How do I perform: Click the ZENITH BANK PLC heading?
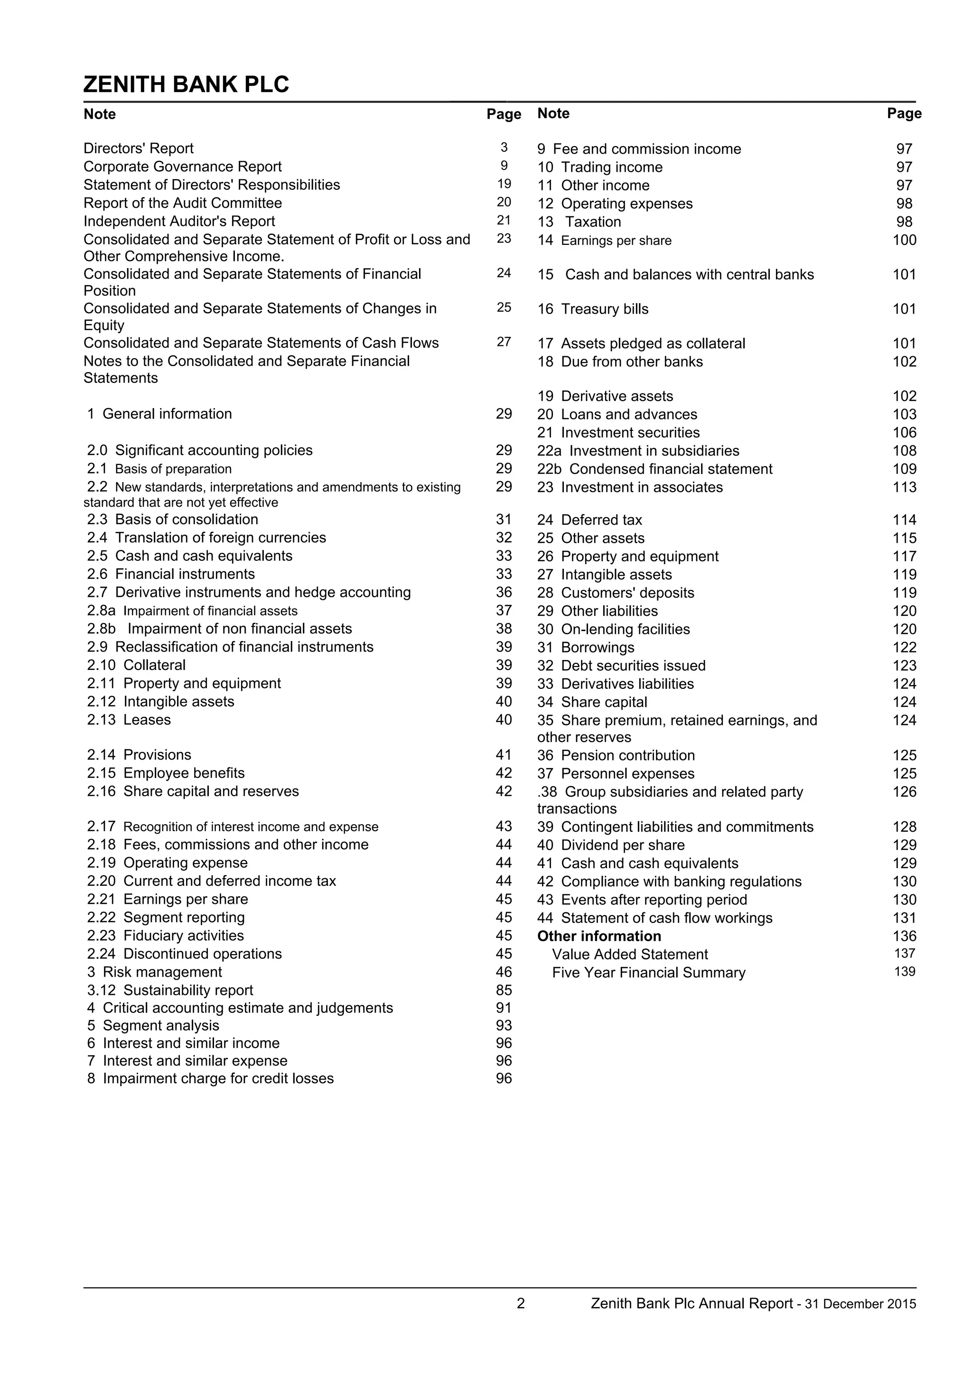click(x=186, y=84)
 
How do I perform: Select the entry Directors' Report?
click(x=138, y=149)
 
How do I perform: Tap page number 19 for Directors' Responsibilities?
click(x=504, y=184)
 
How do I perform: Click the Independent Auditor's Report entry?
click(x=179, y=222)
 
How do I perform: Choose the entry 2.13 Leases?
click(x=129, y=720)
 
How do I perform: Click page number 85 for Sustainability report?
click(x=504, y=990)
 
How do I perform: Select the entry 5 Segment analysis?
click(x=153, y=1026)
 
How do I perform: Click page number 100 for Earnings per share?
click(x=904, y=240)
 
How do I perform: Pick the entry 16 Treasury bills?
click(x=592, y=309)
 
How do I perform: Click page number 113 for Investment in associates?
click(x=904, y=487)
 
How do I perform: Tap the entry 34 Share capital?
click(x=592, y=703)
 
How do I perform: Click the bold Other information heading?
click(x=598, y=937)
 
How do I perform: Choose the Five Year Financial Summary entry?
click(x=648, y=973)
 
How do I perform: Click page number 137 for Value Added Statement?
click(x=904, y=953)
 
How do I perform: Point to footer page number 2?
click(x=520, y=1303)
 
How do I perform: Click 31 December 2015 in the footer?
click(x=860, y=1304)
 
